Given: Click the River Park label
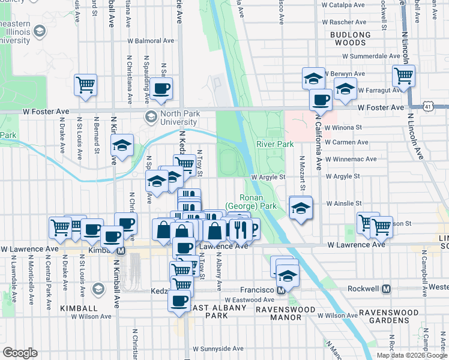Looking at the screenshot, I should pos(275,144).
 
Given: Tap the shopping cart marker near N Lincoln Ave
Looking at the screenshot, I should pos(404,76).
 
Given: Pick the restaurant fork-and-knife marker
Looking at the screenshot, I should pos(240,229).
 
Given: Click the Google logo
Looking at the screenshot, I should pos(20,353).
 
